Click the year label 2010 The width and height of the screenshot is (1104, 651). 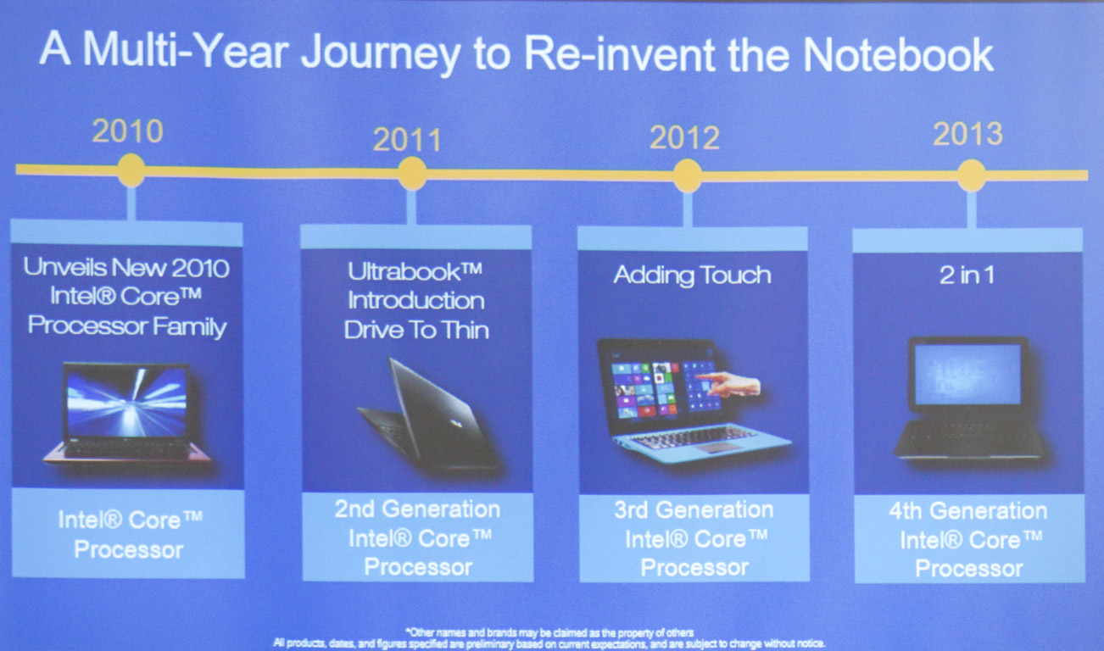[128, 131]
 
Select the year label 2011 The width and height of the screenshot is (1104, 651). [407, 140]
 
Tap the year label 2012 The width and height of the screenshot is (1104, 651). [684, 137]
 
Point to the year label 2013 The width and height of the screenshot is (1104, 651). [968, 134]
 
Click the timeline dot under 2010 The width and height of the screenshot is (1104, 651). [131, 170]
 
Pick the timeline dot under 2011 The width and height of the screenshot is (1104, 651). [412, 174]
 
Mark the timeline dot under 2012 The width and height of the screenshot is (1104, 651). [688, 175]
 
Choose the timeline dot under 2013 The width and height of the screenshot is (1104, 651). [972, 175]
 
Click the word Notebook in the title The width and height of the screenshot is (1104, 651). [898, 55]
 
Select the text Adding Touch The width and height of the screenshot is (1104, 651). [692, 275]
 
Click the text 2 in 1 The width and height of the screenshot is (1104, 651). [967, 275]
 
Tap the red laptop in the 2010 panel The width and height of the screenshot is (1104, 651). [127, 413]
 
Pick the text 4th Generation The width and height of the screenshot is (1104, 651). [968, 511]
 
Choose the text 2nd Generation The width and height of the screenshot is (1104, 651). [417, 509]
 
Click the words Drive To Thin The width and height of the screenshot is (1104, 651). [416, 331]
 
